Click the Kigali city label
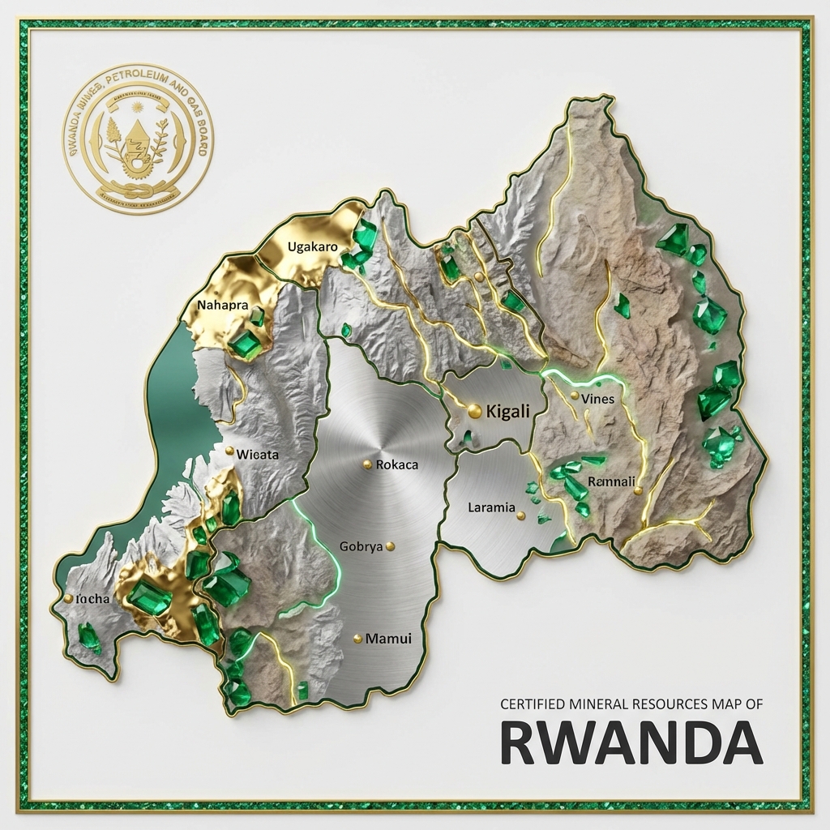pos(507,412)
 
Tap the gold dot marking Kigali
pos(474,412)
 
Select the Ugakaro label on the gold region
pos(312,246)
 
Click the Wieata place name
pos(257,454)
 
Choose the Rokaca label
pos(397,464)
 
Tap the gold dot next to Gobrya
pos(391,546)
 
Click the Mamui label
pos(388,639)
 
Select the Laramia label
pos(491,508)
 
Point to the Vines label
pos(598,399)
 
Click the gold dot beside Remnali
pos(638,490)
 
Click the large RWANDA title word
pos(630,742)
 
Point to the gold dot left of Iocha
pos(68,599)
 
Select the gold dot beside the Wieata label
pos(229,451)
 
